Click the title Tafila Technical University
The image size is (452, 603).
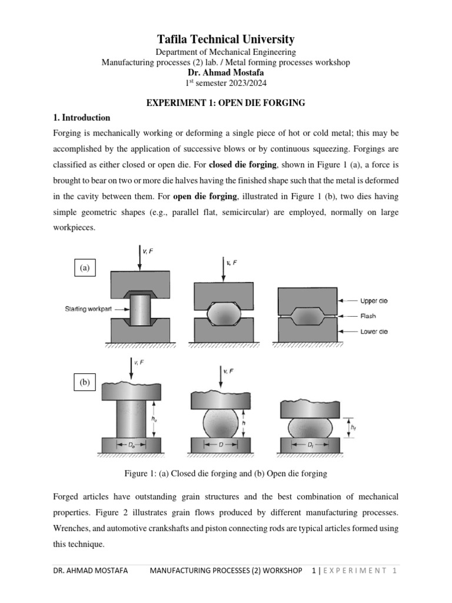(x=226, y=39)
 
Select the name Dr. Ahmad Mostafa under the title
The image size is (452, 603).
(x=226, y=72)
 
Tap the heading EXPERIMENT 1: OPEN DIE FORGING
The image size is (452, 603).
(x=226, y=103)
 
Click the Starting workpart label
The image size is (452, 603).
(x=89, y=309)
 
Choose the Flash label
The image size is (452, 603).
(x=368, y=316)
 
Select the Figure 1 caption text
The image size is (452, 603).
(x=226, y=473)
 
